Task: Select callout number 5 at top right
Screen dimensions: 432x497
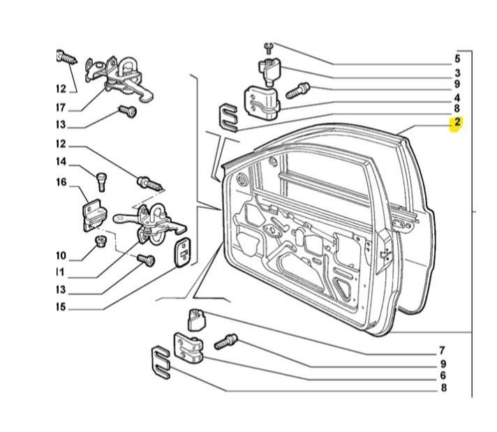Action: point(457,59)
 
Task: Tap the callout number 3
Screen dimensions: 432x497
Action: point(457,73)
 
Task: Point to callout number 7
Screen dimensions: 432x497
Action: point(442,350)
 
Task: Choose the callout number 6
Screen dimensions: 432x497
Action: point(442,375)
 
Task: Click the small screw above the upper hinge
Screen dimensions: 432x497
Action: point(268,47)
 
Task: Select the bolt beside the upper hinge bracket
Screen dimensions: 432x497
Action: point(297,89)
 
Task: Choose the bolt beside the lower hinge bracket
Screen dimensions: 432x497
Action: point(226,341)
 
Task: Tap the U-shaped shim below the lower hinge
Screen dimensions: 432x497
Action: point(161,363)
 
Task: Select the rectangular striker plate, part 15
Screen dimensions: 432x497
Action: point(181,251)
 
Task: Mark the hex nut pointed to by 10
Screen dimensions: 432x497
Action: point(101,241)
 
